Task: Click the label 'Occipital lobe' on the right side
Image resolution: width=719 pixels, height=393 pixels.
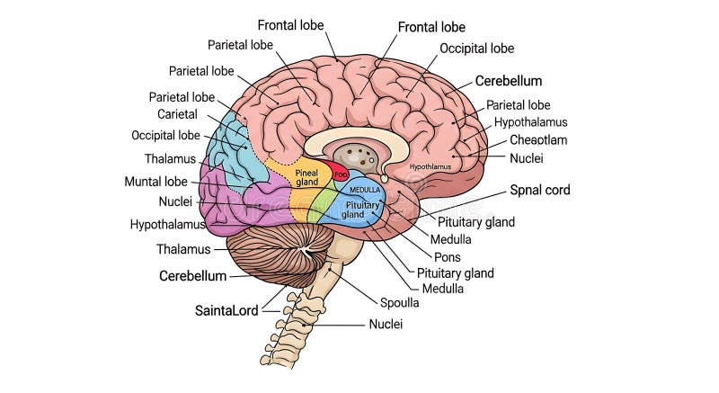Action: click(476, 49)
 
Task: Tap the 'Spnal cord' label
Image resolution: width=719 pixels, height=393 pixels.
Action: click(540, 190)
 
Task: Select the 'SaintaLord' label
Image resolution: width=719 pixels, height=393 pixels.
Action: click(226, 310)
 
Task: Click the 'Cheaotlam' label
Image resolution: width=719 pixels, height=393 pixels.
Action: click(538, 139)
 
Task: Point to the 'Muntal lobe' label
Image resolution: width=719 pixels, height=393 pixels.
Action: click(155, 181)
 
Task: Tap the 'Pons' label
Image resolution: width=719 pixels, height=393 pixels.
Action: click(447, 256)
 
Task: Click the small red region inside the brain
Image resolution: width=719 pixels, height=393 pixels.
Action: click(341, 172)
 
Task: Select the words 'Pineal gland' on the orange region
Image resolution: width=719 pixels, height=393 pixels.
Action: click(307, 176)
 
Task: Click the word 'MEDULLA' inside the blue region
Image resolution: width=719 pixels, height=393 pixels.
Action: click(365, 190)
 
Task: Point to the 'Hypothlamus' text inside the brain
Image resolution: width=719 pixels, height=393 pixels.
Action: click(431, 166)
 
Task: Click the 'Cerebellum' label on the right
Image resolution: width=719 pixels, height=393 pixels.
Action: click(509, 80)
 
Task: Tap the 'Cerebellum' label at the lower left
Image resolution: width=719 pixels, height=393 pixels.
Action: click(192, 276)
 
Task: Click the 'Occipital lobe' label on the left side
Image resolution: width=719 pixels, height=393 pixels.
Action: click(165, 136)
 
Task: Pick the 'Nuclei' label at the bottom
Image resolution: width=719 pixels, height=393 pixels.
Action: click(386, 324)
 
